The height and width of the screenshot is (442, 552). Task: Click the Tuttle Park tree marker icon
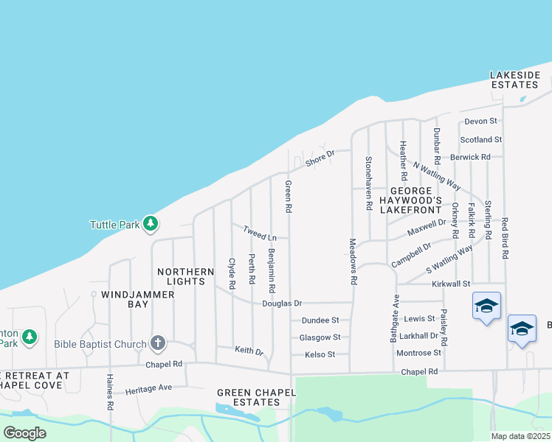[151, 224]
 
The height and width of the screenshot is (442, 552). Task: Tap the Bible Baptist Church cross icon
[158, 343]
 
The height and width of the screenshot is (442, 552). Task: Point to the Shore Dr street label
[320, 157]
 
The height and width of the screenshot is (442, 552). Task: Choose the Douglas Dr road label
[282, 304]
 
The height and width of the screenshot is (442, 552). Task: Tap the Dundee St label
[320, 320]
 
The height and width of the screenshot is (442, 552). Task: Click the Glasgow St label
[320, 337]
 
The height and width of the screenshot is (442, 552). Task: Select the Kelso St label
[320, 354]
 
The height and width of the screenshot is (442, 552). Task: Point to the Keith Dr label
[249, 351]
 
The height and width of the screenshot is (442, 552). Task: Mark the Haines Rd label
[109, 401]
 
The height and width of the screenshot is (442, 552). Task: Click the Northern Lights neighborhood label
[181, 276]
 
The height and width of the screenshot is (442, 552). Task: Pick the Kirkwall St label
[452, 284]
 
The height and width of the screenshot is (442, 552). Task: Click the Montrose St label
[418, 353]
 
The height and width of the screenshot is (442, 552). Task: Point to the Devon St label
[482, 121]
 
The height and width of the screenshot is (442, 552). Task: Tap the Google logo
[24, 433]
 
